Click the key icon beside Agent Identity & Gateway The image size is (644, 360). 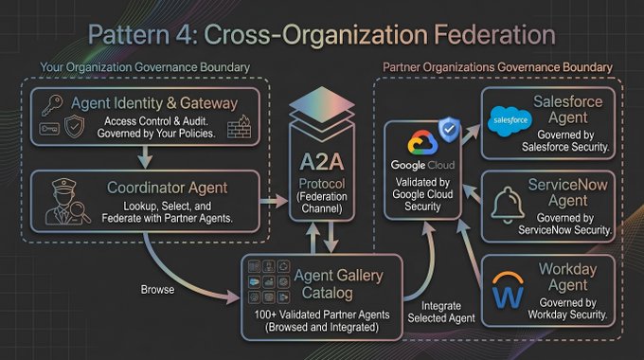tap(52, 105)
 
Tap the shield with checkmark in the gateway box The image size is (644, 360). tap(74, 126)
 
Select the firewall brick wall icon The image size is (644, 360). tap(239, 127)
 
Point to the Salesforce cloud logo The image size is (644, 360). tap(510, 121)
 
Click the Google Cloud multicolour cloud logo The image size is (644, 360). tap(422, 143)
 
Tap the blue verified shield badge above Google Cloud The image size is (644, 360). tap(449, 129)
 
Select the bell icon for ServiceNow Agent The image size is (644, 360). tap(508, 205)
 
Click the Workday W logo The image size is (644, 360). tap(508, 290)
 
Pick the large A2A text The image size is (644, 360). tap(321, 162)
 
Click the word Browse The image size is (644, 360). tap(157, 290)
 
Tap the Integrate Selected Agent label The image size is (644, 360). tap(441, 312)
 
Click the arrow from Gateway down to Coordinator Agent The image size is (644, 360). tap(145, 157)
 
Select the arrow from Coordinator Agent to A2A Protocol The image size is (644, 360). tap(274, 201)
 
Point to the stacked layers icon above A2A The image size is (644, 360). tap(322, 110)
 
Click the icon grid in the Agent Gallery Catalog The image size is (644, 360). tap(269, 281)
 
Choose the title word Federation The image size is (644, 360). tap(494, 34)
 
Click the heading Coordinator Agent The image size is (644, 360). tap(168, 188)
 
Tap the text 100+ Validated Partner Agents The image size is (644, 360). tap(322, 315)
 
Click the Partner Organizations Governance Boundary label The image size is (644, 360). tap(497, 67)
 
